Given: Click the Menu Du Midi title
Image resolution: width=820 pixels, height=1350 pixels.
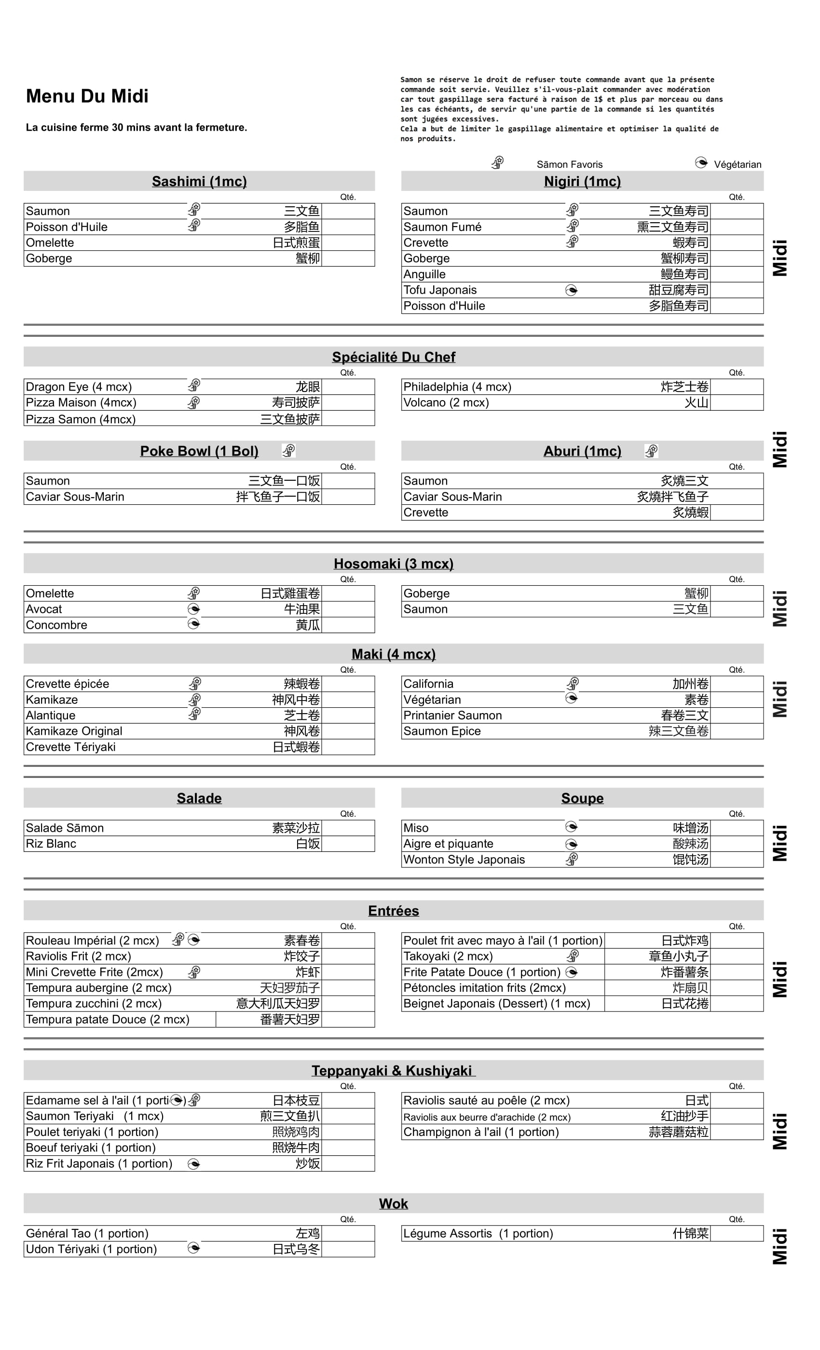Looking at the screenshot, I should coord(87,96).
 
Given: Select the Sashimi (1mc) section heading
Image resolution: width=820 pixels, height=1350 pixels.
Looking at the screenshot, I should coord(199,181).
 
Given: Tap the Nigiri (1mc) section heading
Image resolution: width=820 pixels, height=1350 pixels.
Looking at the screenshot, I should coord(582,181).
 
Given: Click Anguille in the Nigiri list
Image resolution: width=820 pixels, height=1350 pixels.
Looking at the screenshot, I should coord(424,274).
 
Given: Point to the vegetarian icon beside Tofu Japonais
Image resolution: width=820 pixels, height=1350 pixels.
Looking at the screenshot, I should coord(571,290).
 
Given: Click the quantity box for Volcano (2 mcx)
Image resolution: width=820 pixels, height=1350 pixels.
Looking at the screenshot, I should coord(736,403).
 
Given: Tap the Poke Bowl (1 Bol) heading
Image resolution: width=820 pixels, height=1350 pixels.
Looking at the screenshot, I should coord(199,451).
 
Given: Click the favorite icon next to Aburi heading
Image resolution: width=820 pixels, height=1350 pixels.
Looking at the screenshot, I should coord(651,451).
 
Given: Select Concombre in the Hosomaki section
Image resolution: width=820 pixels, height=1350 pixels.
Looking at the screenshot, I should coord(56,625).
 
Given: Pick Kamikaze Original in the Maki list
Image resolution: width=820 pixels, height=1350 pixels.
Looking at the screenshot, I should coord(74,731).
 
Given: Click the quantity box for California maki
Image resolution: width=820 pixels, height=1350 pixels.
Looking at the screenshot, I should coord(736,684).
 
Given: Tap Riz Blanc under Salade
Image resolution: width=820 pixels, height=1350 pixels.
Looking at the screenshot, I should coord(51,844).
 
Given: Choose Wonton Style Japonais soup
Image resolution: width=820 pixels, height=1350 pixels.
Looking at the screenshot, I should coord(464,860).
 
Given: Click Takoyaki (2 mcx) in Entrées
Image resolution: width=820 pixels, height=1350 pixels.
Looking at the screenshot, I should coord(448,956).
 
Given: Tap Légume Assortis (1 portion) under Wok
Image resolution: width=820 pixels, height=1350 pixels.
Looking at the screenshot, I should coord(478,1233).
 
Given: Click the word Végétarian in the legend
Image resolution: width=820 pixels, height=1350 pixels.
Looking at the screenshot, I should coord(737,164).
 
